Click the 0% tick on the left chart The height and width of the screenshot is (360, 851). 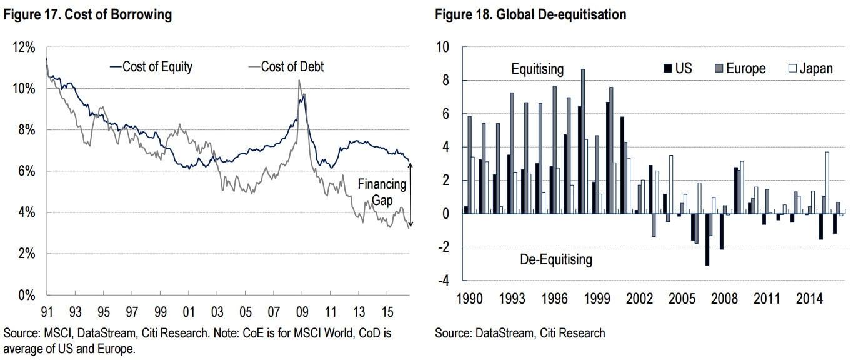(27, 296)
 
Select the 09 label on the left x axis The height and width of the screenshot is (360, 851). (302, 311)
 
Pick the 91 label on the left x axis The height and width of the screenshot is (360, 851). (47, 311)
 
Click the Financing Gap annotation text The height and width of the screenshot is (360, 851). (382, 191)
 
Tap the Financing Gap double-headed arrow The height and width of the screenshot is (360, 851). (410, 194)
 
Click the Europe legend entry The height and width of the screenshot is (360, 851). (739, 68)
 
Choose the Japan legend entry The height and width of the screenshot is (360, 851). (810, 68)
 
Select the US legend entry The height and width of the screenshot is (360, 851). (677, 68)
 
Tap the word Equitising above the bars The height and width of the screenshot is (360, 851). (537, 68)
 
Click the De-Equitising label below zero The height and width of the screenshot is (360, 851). (555, 259)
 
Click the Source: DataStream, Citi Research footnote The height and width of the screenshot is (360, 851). (520, 333)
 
